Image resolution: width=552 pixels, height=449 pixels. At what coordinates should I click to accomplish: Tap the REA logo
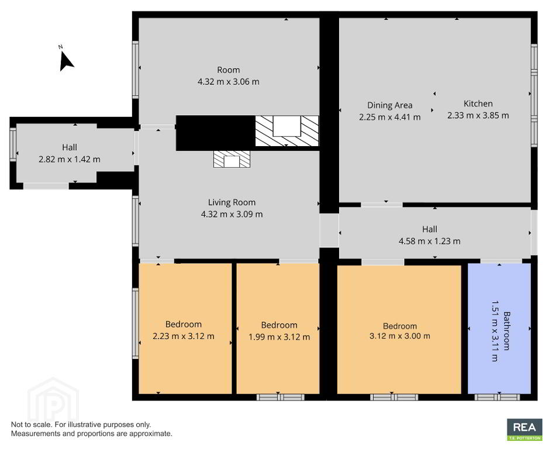click(525, 429)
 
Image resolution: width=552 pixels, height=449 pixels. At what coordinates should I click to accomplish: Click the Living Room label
click(232, 202)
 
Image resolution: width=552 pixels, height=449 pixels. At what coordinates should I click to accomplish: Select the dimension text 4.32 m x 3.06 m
click(229, 82)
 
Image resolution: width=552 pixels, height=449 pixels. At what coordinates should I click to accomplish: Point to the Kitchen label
click(478, 103)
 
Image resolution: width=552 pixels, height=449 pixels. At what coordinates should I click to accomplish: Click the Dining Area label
click(389, 105)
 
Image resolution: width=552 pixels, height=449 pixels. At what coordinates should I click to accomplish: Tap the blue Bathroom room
click(499, 329)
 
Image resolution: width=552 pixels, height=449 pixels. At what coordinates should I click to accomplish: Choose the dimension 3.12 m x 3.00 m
click(399, 336)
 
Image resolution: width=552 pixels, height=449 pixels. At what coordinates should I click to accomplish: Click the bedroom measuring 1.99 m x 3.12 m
click(278, 329)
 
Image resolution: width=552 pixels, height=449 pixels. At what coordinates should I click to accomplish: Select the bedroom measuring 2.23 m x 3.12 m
click(185, 329)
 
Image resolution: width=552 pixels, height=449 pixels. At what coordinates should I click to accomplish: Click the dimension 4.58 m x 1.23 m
click(429, 241)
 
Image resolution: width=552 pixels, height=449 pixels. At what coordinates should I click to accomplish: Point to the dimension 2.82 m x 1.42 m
click(70, 160)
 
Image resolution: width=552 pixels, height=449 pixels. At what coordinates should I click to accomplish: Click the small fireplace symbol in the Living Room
click(232, 159)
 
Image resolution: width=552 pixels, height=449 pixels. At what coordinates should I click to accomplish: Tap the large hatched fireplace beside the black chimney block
click(287, 130)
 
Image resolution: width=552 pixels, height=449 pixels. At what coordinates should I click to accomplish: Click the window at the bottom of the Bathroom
click(497, 398)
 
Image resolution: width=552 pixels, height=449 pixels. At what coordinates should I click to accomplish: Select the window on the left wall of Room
click(136, 70)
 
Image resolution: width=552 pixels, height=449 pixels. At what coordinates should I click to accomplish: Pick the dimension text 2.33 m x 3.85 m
click(478, 115)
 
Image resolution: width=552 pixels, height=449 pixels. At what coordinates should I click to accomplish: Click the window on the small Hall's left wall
click(13, 144)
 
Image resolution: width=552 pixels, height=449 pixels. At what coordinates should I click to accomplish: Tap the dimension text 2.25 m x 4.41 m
click(389, 117)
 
